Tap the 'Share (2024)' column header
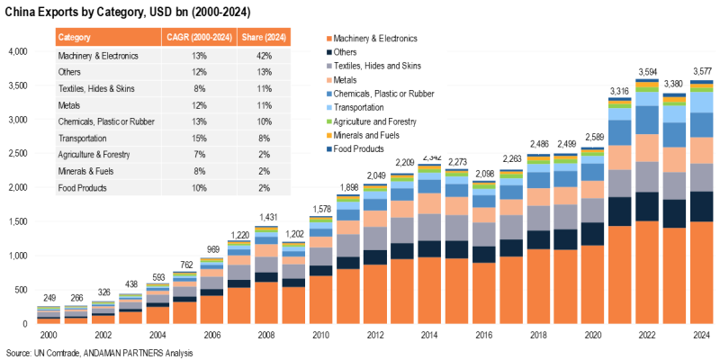pos(264,37)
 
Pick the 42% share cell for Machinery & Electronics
pos(264,55)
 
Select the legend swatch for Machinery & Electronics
pos(327,39)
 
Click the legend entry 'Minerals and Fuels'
pos(367,135)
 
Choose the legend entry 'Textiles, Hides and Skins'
pos(377,66)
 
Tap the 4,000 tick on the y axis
pos(18,51)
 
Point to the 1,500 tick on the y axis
pos(18,221)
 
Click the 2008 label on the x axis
pos(265,336)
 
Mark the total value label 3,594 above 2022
pos(647,71)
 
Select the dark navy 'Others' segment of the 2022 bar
pos(647,206)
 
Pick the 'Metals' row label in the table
pos(71,105)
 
